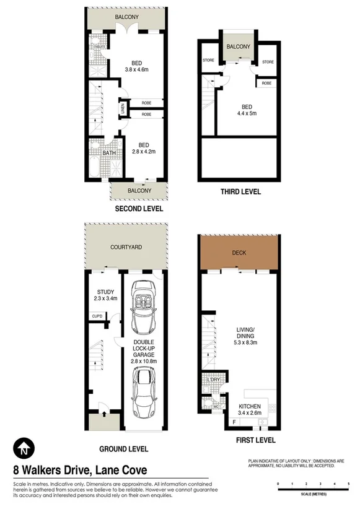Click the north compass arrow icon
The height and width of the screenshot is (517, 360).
tap(23, 448)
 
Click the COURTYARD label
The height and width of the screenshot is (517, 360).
tap(126, 247)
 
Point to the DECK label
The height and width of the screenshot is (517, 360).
tap(239, 253)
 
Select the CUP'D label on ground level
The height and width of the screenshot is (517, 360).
tap(97, 317)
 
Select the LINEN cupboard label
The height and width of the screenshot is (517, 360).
tap(122, 110)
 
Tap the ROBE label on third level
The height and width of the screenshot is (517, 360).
tap(266, 82)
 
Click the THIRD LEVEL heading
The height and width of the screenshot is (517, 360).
tap(240, 192)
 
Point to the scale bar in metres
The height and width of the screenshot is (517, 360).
tap(313, 489)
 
